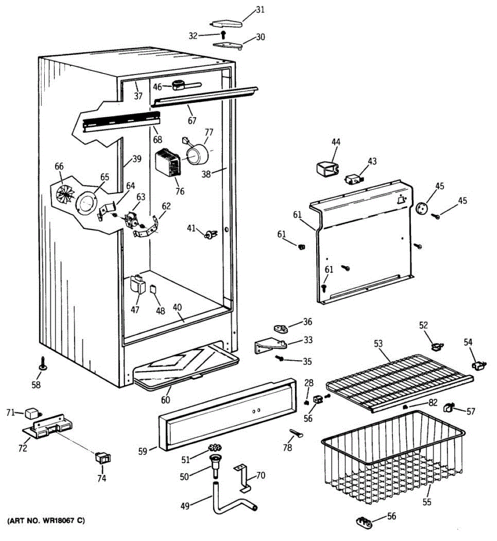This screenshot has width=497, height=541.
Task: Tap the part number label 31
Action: click(x=260, y=9)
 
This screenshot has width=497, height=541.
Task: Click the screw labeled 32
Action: click(x=223, y=35)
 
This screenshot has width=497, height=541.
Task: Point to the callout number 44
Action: click(x=336, y=142)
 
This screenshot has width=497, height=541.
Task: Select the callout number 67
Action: click(x=193, y=121)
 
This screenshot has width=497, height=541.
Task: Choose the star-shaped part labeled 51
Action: click(x=216, y=447)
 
